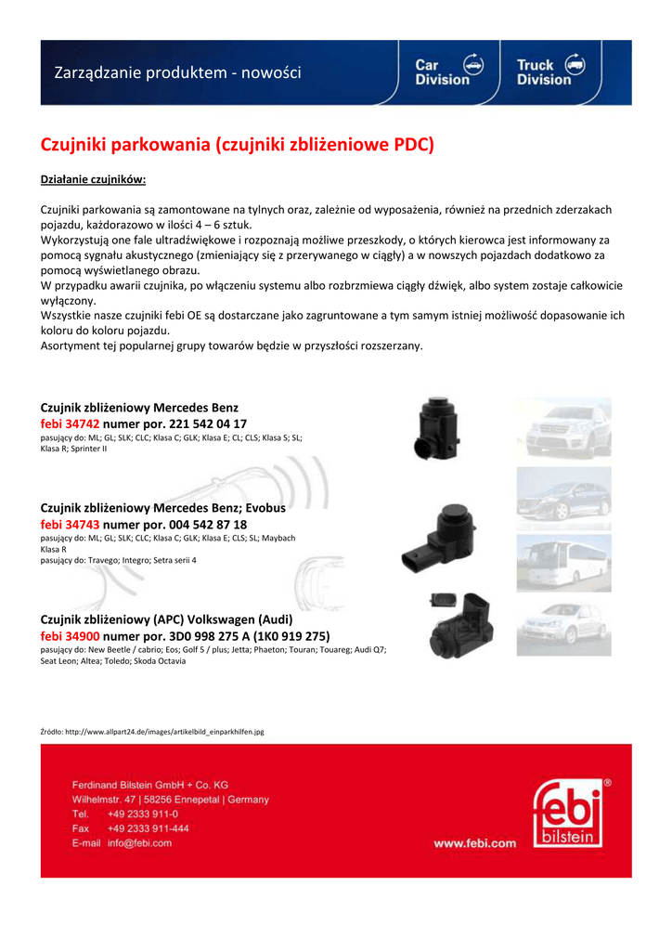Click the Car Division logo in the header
pyautogui.click(x=449, y=72)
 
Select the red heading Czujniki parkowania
pyautogui.click(x=237, y=145)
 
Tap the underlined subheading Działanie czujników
pyautogui.click(x=94, y=179)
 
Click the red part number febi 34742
pyautogui.click(x=70, y=423)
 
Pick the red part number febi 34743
pyautogui.click(x=70, y=525)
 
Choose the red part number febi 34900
pyautogui.click(x=70, y=636)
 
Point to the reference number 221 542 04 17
pyautogui.click(x=208, y=423)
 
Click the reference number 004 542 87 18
pyautogui.click(x=208, y=525)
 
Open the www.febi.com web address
pyautogui.click(x=474, y=843)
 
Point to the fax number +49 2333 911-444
pyautogui.click(x=148, y=828)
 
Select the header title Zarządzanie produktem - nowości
pyautogui.click(x=177, y=72)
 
